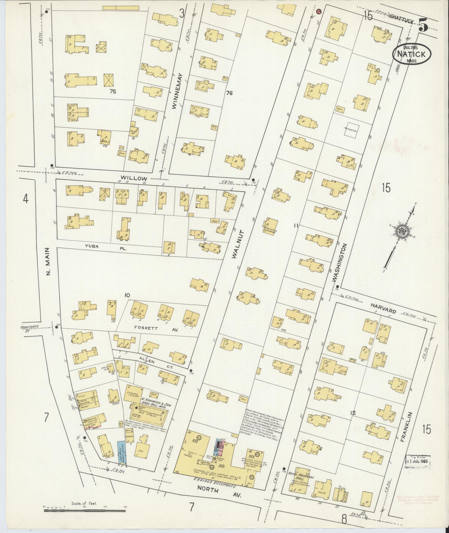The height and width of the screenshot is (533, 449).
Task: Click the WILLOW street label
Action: pyautogui.click(x=134, y=178)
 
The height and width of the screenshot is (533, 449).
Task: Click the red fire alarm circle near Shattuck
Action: pyautogui.click(x=319, y=11)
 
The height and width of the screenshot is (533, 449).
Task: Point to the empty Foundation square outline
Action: pyautogui.click(x=351, y=129)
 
